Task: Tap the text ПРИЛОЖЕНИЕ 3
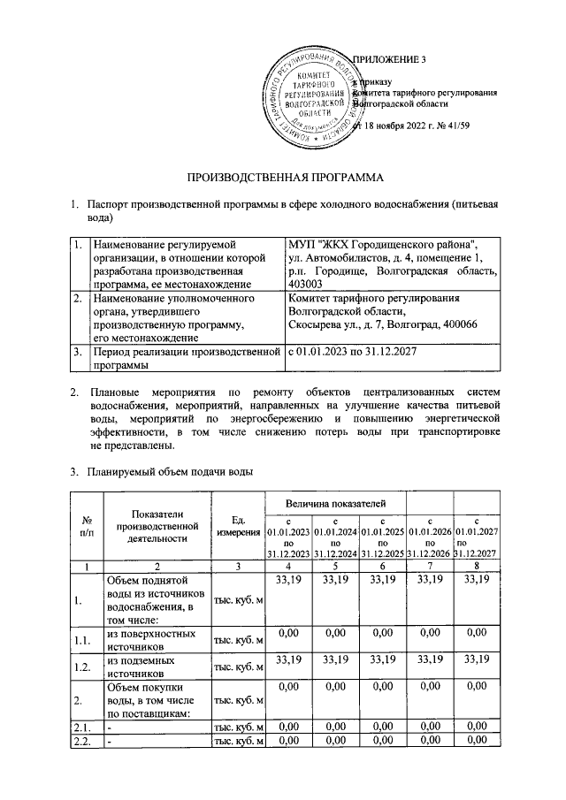click(390, 60)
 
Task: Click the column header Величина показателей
click(337, 502)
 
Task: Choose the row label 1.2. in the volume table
click(81, 666)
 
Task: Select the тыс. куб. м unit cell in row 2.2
click(237, 742)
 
